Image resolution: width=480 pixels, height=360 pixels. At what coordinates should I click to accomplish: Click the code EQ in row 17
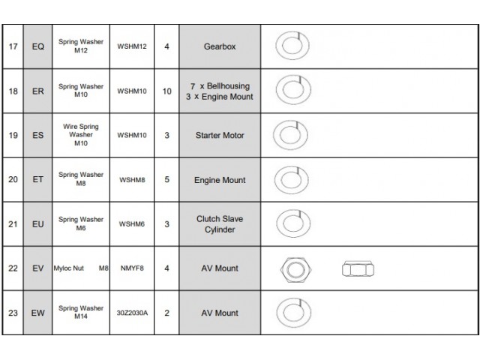[38, 46]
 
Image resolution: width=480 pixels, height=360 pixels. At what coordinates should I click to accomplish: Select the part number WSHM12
[132, 46]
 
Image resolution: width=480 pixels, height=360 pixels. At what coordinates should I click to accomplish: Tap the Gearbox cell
[220, 46]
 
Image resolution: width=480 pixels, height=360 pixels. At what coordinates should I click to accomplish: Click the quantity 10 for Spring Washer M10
[166, 91]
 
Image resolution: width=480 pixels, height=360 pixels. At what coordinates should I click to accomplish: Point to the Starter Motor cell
[220, 135]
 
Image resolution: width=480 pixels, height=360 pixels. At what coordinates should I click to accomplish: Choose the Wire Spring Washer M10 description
[81, 135]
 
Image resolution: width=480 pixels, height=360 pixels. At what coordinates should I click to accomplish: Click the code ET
[38, 179]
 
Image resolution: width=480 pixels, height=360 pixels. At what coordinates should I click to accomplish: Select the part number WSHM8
[132, 180]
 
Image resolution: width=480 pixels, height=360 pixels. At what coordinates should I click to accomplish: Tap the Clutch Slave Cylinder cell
[220, 224]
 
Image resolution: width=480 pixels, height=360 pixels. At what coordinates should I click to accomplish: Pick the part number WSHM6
[132, 224]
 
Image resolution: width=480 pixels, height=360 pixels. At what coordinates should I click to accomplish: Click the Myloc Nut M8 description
[81, 268]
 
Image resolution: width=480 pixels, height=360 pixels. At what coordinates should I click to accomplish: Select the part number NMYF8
[132, 268]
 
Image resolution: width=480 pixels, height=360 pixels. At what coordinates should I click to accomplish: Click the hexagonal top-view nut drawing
[295, 270]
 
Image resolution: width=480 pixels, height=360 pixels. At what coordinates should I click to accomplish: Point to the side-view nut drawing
[358, 269]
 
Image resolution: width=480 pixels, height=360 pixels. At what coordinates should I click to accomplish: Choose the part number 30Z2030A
[132, 313]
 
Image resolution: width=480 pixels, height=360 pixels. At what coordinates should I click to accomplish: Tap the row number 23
[13, 313]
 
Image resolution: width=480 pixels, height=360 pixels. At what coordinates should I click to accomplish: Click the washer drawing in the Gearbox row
[292, 45]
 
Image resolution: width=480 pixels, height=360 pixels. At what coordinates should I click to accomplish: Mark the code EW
[38, 313]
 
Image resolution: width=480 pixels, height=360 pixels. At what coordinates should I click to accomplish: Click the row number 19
[13, 135]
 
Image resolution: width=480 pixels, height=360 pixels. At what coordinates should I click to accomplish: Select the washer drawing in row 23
[293, 313]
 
